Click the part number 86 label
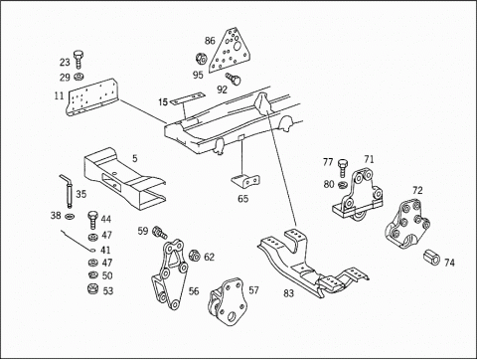210,41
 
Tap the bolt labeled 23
79,60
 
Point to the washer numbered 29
79,77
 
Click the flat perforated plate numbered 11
92,97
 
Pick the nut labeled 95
201,59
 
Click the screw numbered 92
234,79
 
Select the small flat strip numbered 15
188,98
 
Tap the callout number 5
135,158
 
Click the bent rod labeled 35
68,191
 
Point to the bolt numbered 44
92,220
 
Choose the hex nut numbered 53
92,289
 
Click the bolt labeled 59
160,232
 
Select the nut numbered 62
194,256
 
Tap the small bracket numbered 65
245,181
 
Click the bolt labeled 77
343,168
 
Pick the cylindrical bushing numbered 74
431,258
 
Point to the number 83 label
288,293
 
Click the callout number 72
417,191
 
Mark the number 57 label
253,290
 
